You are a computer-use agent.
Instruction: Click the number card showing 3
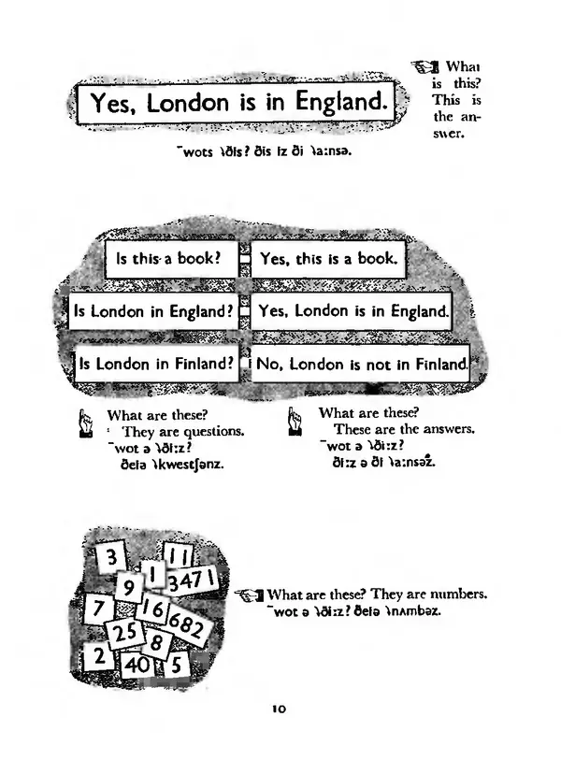point(110,558)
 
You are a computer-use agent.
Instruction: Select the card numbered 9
point(130,588)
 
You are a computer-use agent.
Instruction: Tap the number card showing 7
point(96,609)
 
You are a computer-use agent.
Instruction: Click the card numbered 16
point(153,611)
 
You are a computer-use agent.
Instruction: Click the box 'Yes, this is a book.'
point(328,259)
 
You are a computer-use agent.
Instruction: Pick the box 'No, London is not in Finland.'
point(360,364)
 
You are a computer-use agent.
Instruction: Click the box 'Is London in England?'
point(152,311)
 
